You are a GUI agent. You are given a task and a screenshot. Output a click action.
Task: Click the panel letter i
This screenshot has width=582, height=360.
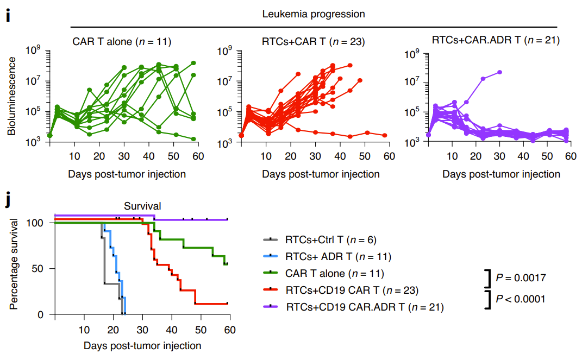[x=8, y=16]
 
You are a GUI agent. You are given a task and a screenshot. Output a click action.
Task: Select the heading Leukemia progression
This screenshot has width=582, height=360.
[x=314, y=14]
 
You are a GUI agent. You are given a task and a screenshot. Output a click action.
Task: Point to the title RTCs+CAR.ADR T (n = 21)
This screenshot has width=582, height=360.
[x=496, y=40]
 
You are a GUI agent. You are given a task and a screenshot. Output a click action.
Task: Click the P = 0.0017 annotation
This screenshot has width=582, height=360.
[x=521, y=278]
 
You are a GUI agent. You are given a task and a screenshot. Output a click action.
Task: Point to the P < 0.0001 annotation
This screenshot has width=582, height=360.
[x=521, y=298]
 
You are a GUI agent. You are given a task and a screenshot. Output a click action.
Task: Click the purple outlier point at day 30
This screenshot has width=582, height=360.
[x=499, y=72]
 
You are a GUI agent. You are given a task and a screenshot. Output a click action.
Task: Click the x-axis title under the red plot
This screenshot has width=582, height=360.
[x=321, y=174]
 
